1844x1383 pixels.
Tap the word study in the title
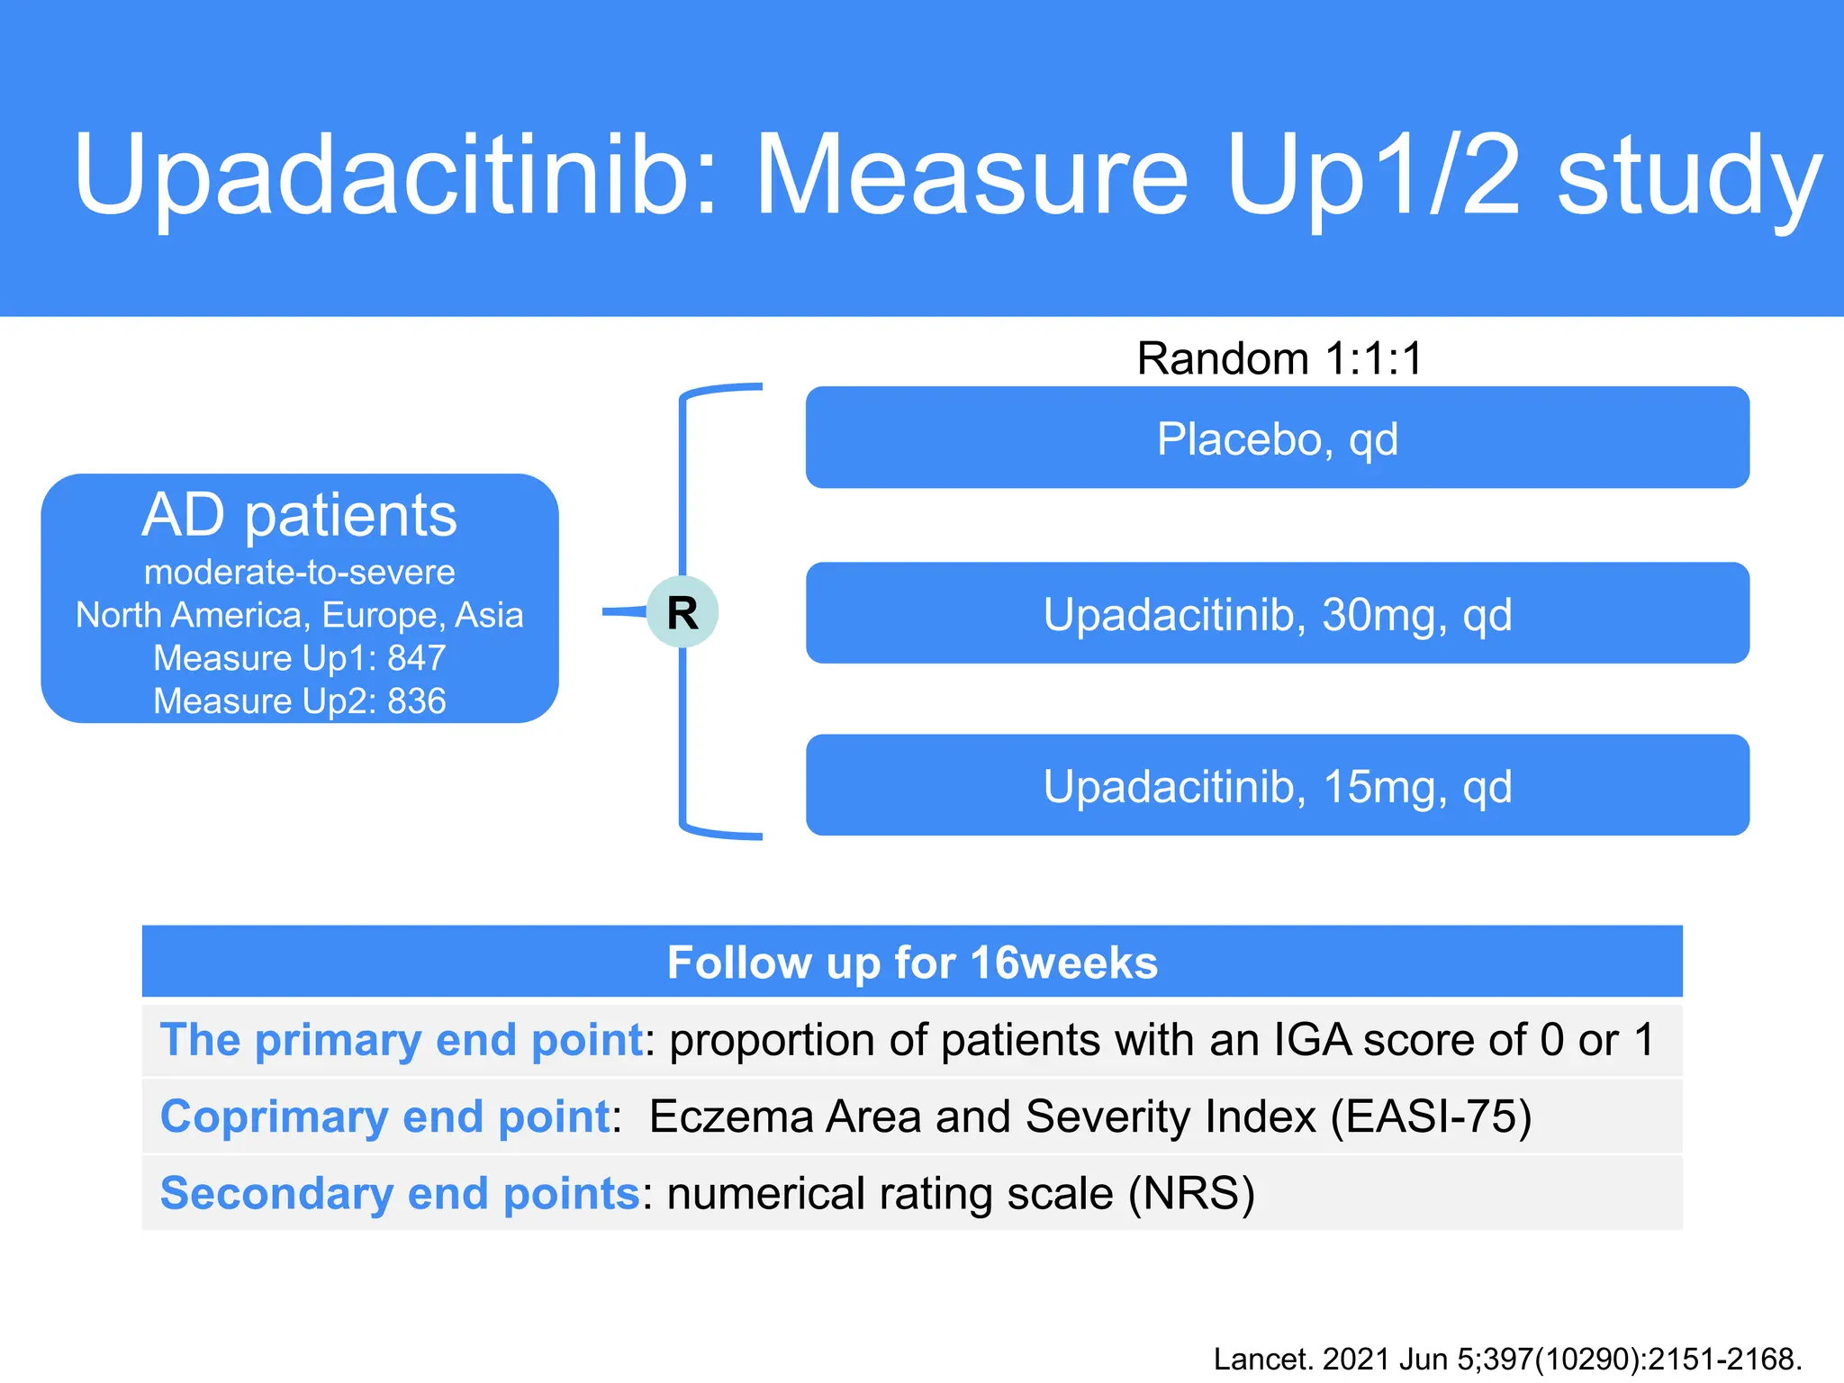[x=1689, y=176]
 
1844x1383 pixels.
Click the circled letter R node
[x=682, y=612]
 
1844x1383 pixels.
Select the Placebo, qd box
[x=1277, y=438]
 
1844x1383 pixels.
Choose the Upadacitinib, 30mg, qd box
[x=1277, y=614]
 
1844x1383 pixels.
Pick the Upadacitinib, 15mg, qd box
[x=1277, y=786]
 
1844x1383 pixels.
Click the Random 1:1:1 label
[x=1279, y=358]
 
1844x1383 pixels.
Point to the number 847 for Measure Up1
[x=416, y=658]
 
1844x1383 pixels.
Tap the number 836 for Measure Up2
[x=416, y=701]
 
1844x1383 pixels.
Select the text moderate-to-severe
[x=299, y=573]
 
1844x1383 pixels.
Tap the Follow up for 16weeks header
[x=911, y=962]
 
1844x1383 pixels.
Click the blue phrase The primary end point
[x=401, y=1040]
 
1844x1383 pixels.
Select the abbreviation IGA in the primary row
[x=1312, y=1040]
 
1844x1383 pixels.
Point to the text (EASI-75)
[x=1431, y=1116]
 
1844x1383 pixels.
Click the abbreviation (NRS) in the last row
[x=1190, y=1194]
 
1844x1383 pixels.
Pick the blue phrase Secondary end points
[x=399, y=1194]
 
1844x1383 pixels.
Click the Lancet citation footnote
[x=1506, y=1359]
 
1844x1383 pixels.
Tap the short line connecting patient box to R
[x=623, y=612]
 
